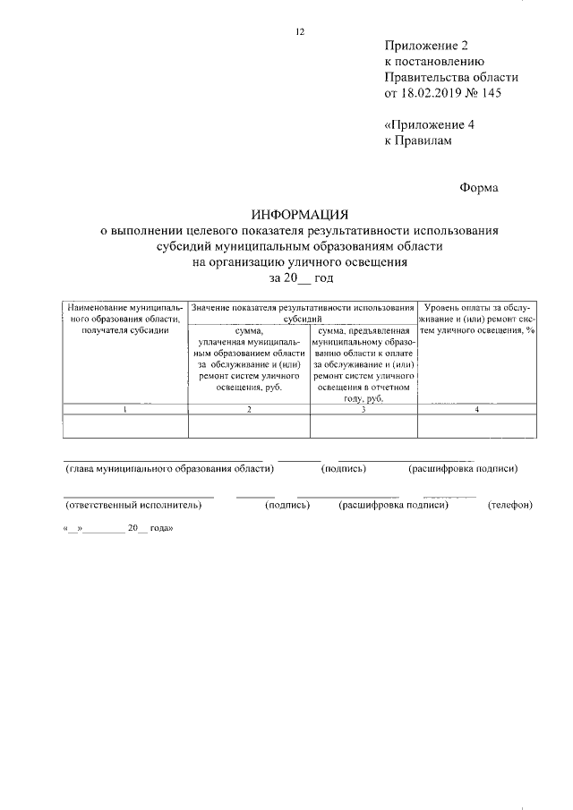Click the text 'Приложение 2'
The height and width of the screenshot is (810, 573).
tap(426, 45)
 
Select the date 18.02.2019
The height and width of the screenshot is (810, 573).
tap(430, 93)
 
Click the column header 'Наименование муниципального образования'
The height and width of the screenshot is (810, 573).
tap(124, 319)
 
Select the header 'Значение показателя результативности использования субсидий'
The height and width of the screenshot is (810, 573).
tap(303, 312)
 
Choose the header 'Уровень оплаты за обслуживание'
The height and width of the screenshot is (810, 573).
tap(477, 319)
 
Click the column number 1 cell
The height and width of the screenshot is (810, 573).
tap(124, 409)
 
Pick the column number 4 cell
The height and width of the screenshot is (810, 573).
tap(477, 409)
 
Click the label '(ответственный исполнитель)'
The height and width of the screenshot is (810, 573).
tap(133, 505)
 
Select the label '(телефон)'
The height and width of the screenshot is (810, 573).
tap(509, 505)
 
